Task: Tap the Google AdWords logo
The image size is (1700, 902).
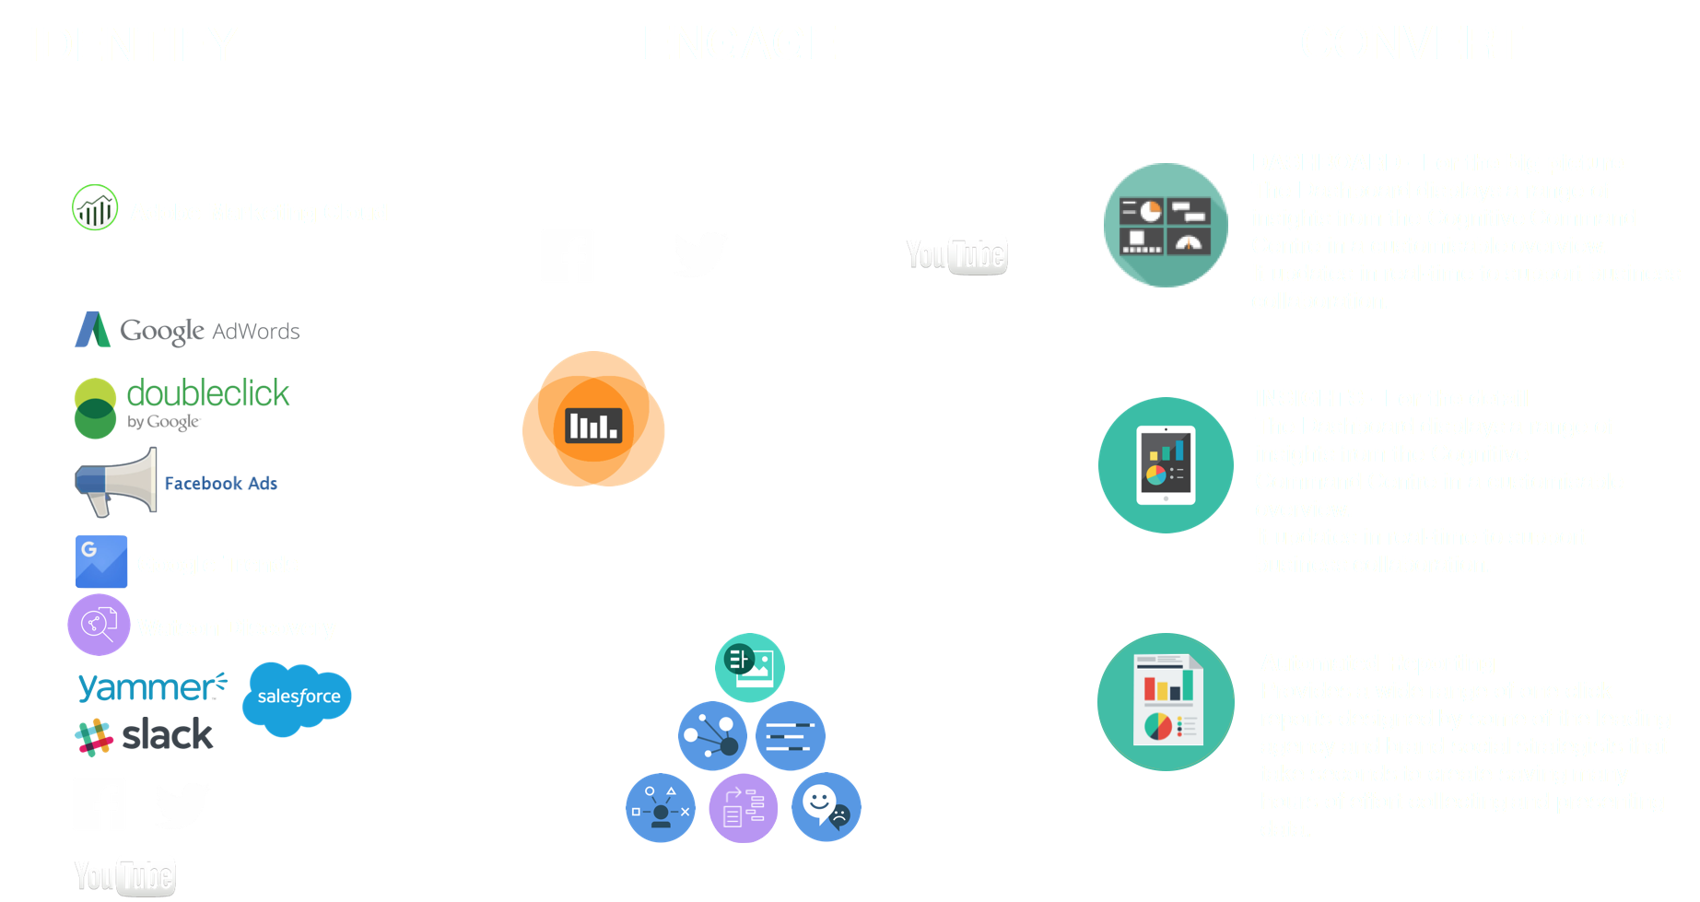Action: [x=188, y=330]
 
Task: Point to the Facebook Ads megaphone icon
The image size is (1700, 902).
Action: [x=116, y=482]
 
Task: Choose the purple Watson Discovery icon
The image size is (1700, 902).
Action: [x=99, y=625]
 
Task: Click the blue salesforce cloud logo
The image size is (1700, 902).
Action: [x=298, y=697]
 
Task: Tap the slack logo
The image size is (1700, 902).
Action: [x=145, y=735]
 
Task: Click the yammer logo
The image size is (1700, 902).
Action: [x=151, y=686]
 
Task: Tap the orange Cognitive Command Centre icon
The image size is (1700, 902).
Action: [x=593, y=419]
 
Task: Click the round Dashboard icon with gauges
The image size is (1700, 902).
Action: [x=1166, y=226]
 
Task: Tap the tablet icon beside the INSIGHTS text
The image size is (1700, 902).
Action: [x=1166, y=465]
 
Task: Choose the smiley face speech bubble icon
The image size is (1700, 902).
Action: [x=826, y=807]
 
